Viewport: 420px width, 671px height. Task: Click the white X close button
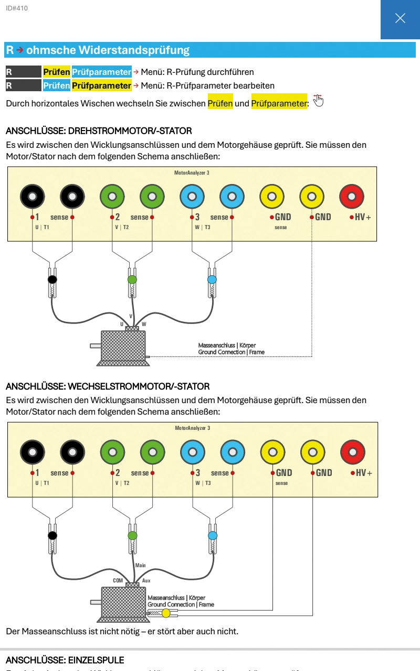click(x=400, y=18)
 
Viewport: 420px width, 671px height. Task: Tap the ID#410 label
click(x=17, y=8)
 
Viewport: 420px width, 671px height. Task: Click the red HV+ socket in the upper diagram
click(x=352, y=197)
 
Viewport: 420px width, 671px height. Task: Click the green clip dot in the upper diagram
click(x=132, y=279)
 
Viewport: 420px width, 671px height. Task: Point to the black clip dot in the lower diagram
click(x=52, y=535)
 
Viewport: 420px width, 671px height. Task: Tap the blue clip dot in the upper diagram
click(x=212, y=279)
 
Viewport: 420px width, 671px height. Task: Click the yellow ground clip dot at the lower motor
click(x=166, y=613)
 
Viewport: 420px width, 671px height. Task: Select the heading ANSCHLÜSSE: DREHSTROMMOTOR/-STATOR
click(x=99, y=131)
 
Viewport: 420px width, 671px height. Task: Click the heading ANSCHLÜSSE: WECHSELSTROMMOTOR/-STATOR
click(x=108, y=386)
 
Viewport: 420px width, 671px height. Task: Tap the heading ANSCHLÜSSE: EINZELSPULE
click(x=65, y=659)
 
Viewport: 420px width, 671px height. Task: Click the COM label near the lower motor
click(x=118, y=581)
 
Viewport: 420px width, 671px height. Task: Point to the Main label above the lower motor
click(x=140, y=565)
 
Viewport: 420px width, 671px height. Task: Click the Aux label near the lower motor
click(x=146, y=581)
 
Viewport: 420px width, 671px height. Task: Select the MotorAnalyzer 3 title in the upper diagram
click(x=192, y=172)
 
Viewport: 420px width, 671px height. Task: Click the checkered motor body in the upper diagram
click(x=122, y=346)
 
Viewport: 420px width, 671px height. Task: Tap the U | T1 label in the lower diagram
click(x=42, y=483)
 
